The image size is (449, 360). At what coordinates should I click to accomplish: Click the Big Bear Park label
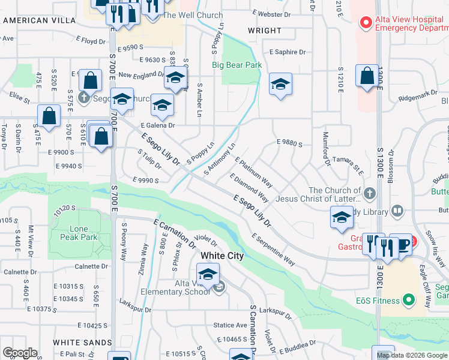[237, 65]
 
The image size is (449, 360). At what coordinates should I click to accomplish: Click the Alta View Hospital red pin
[365, 23]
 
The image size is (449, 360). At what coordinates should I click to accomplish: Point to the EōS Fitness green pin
[408, 299]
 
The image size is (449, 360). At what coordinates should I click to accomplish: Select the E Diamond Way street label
[249, 187]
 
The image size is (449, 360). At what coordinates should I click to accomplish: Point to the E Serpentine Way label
[274, 250]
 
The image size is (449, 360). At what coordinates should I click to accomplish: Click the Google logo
[20, 353]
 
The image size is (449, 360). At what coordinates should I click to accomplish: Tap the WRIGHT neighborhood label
[264, 31]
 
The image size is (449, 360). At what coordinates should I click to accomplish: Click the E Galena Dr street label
[158, 125]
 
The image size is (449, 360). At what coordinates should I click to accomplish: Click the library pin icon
[397, 211]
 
